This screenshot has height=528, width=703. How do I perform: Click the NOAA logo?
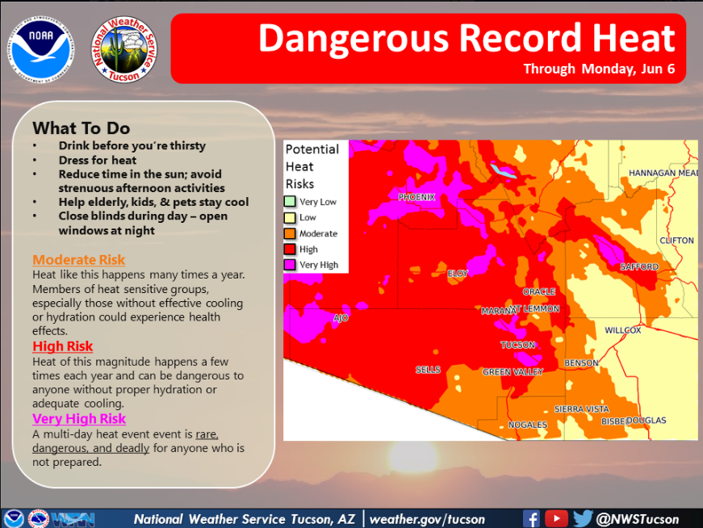pos(41,46)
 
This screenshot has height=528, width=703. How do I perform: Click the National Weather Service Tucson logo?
pos(124,48)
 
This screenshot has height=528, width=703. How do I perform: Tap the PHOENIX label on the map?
pos(416,197)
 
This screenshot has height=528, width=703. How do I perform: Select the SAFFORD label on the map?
pos(639,267)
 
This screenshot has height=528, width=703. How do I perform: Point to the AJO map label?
pos(341,318)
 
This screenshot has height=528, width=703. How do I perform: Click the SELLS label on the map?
pos(428,370)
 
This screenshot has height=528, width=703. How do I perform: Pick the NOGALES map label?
pos(528,425)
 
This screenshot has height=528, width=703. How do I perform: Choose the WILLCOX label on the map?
pos(623,330)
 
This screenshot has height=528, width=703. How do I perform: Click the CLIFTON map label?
pos(676,241)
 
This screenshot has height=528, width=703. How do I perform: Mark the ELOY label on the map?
pos(458,274)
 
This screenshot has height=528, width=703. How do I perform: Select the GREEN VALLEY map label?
pos(513,372)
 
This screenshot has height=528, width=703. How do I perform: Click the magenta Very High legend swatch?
pos(291,265)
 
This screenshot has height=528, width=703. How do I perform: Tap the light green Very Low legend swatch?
pos(291,202)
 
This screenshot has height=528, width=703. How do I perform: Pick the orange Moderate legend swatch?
pos(291,233)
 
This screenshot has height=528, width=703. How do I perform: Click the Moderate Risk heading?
pos(79,260)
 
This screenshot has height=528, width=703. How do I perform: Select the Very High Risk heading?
pos(79,418)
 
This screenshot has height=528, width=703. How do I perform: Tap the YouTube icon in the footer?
pos(556,518)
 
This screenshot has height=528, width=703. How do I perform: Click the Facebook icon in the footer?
pos(531,518)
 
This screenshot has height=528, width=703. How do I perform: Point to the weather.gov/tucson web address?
pos(428,519)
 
